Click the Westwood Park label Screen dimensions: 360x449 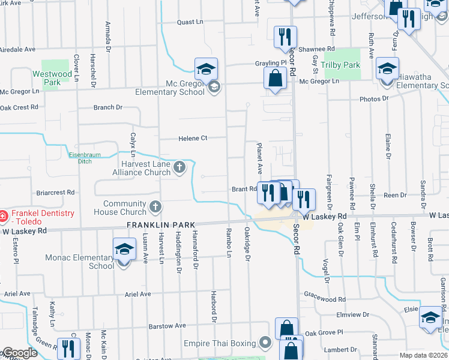click(52, 78)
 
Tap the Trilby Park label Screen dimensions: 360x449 click(340, 65)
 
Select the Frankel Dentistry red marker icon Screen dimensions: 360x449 click(3, 215)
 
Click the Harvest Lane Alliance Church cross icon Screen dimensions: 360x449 click(179, 167)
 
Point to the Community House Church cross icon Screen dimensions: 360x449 click(155, 207)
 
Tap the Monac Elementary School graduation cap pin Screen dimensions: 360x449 click(124, 250)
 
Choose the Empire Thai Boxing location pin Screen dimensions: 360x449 click(266, 343)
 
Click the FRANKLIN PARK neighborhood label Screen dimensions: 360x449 click(161, 224)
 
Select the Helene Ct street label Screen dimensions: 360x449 click(193, 139)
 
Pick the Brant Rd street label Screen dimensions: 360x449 click(244, 189)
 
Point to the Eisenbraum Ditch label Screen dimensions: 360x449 click(84, 158)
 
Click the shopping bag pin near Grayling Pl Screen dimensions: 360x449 click(275, 78)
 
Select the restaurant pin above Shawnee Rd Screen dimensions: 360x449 click(283, 37)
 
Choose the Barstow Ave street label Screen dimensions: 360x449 click(167, 326)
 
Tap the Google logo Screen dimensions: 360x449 click(20, 353)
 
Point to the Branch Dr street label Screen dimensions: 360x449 click(108, 107)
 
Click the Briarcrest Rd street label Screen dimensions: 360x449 click(55, 193)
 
